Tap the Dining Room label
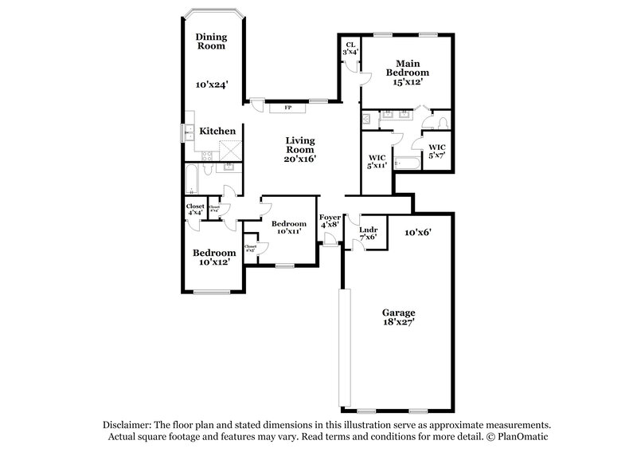pyautogui.click(x=212, y=41)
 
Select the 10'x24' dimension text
pyautogui.click(x=212, y=84)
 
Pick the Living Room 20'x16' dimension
pyautogui.click(x=300, y=158)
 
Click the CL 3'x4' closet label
pyautogui.click(x=350, y=49)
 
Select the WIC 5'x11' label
pyautogui.click(x=377, y=161)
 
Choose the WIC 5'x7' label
pyautogui.click(x=437, y=151)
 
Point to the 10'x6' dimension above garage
pyautogui.click(x=417, y=232)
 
